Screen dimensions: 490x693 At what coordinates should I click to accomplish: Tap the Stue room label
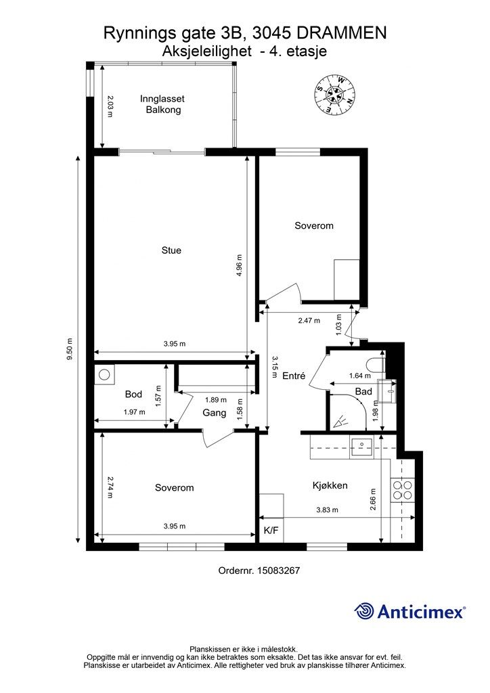pos(171,250)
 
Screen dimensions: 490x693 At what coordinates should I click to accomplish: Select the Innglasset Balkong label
pos(162,104)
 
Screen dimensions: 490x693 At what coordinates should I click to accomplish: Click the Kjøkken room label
pos(330,486)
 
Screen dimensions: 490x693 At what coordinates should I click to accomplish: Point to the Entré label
pos(294,376)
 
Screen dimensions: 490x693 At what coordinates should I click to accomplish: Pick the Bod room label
pos(133,395)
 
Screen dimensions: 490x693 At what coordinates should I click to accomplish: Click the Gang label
pos(215,413)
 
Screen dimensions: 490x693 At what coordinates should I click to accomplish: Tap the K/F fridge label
pos(271,531)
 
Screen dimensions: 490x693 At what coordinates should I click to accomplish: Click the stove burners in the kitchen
pos(403,490)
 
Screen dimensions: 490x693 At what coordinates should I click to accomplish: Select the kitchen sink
pos(361,444)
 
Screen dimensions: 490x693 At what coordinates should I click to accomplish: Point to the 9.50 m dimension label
pos(69,349)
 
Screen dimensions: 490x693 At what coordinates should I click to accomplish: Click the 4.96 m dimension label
pos(239,265)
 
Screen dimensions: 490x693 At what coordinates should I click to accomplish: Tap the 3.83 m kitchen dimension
pos(328,510)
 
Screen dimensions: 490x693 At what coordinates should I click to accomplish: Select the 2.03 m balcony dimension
pos(110,106)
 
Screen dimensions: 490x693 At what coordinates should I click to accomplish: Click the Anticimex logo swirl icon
pos(363,611)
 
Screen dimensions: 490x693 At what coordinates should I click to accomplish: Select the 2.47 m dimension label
pos(309,320)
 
